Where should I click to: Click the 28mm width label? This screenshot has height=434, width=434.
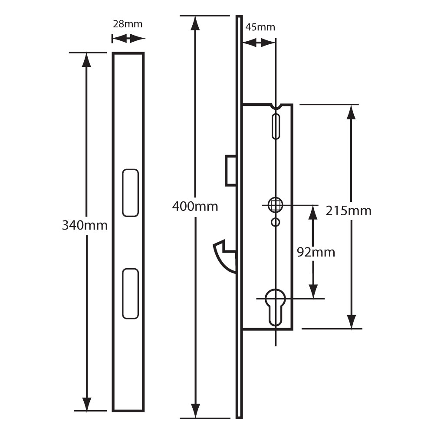128,24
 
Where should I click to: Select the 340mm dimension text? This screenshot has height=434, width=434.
85,225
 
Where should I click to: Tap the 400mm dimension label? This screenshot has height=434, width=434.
195,206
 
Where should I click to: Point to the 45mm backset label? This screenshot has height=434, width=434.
260,27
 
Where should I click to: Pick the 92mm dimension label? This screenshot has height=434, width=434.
316,252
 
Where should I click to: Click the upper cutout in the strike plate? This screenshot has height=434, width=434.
130,192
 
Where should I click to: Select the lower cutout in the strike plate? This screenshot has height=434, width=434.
130,294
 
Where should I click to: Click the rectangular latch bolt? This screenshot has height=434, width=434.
230,170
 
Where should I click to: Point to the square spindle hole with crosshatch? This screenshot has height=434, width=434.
275,204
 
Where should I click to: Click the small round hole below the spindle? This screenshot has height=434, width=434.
275,222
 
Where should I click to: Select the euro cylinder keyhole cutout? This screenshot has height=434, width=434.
276,306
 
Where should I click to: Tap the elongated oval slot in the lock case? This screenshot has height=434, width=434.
276,126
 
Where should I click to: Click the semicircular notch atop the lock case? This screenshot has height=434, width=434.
276,106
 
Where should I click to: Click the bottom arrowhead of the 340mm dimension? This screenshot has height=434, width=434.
87,404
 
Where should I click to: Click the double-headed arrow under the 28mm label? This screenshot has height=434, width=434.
128,39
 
